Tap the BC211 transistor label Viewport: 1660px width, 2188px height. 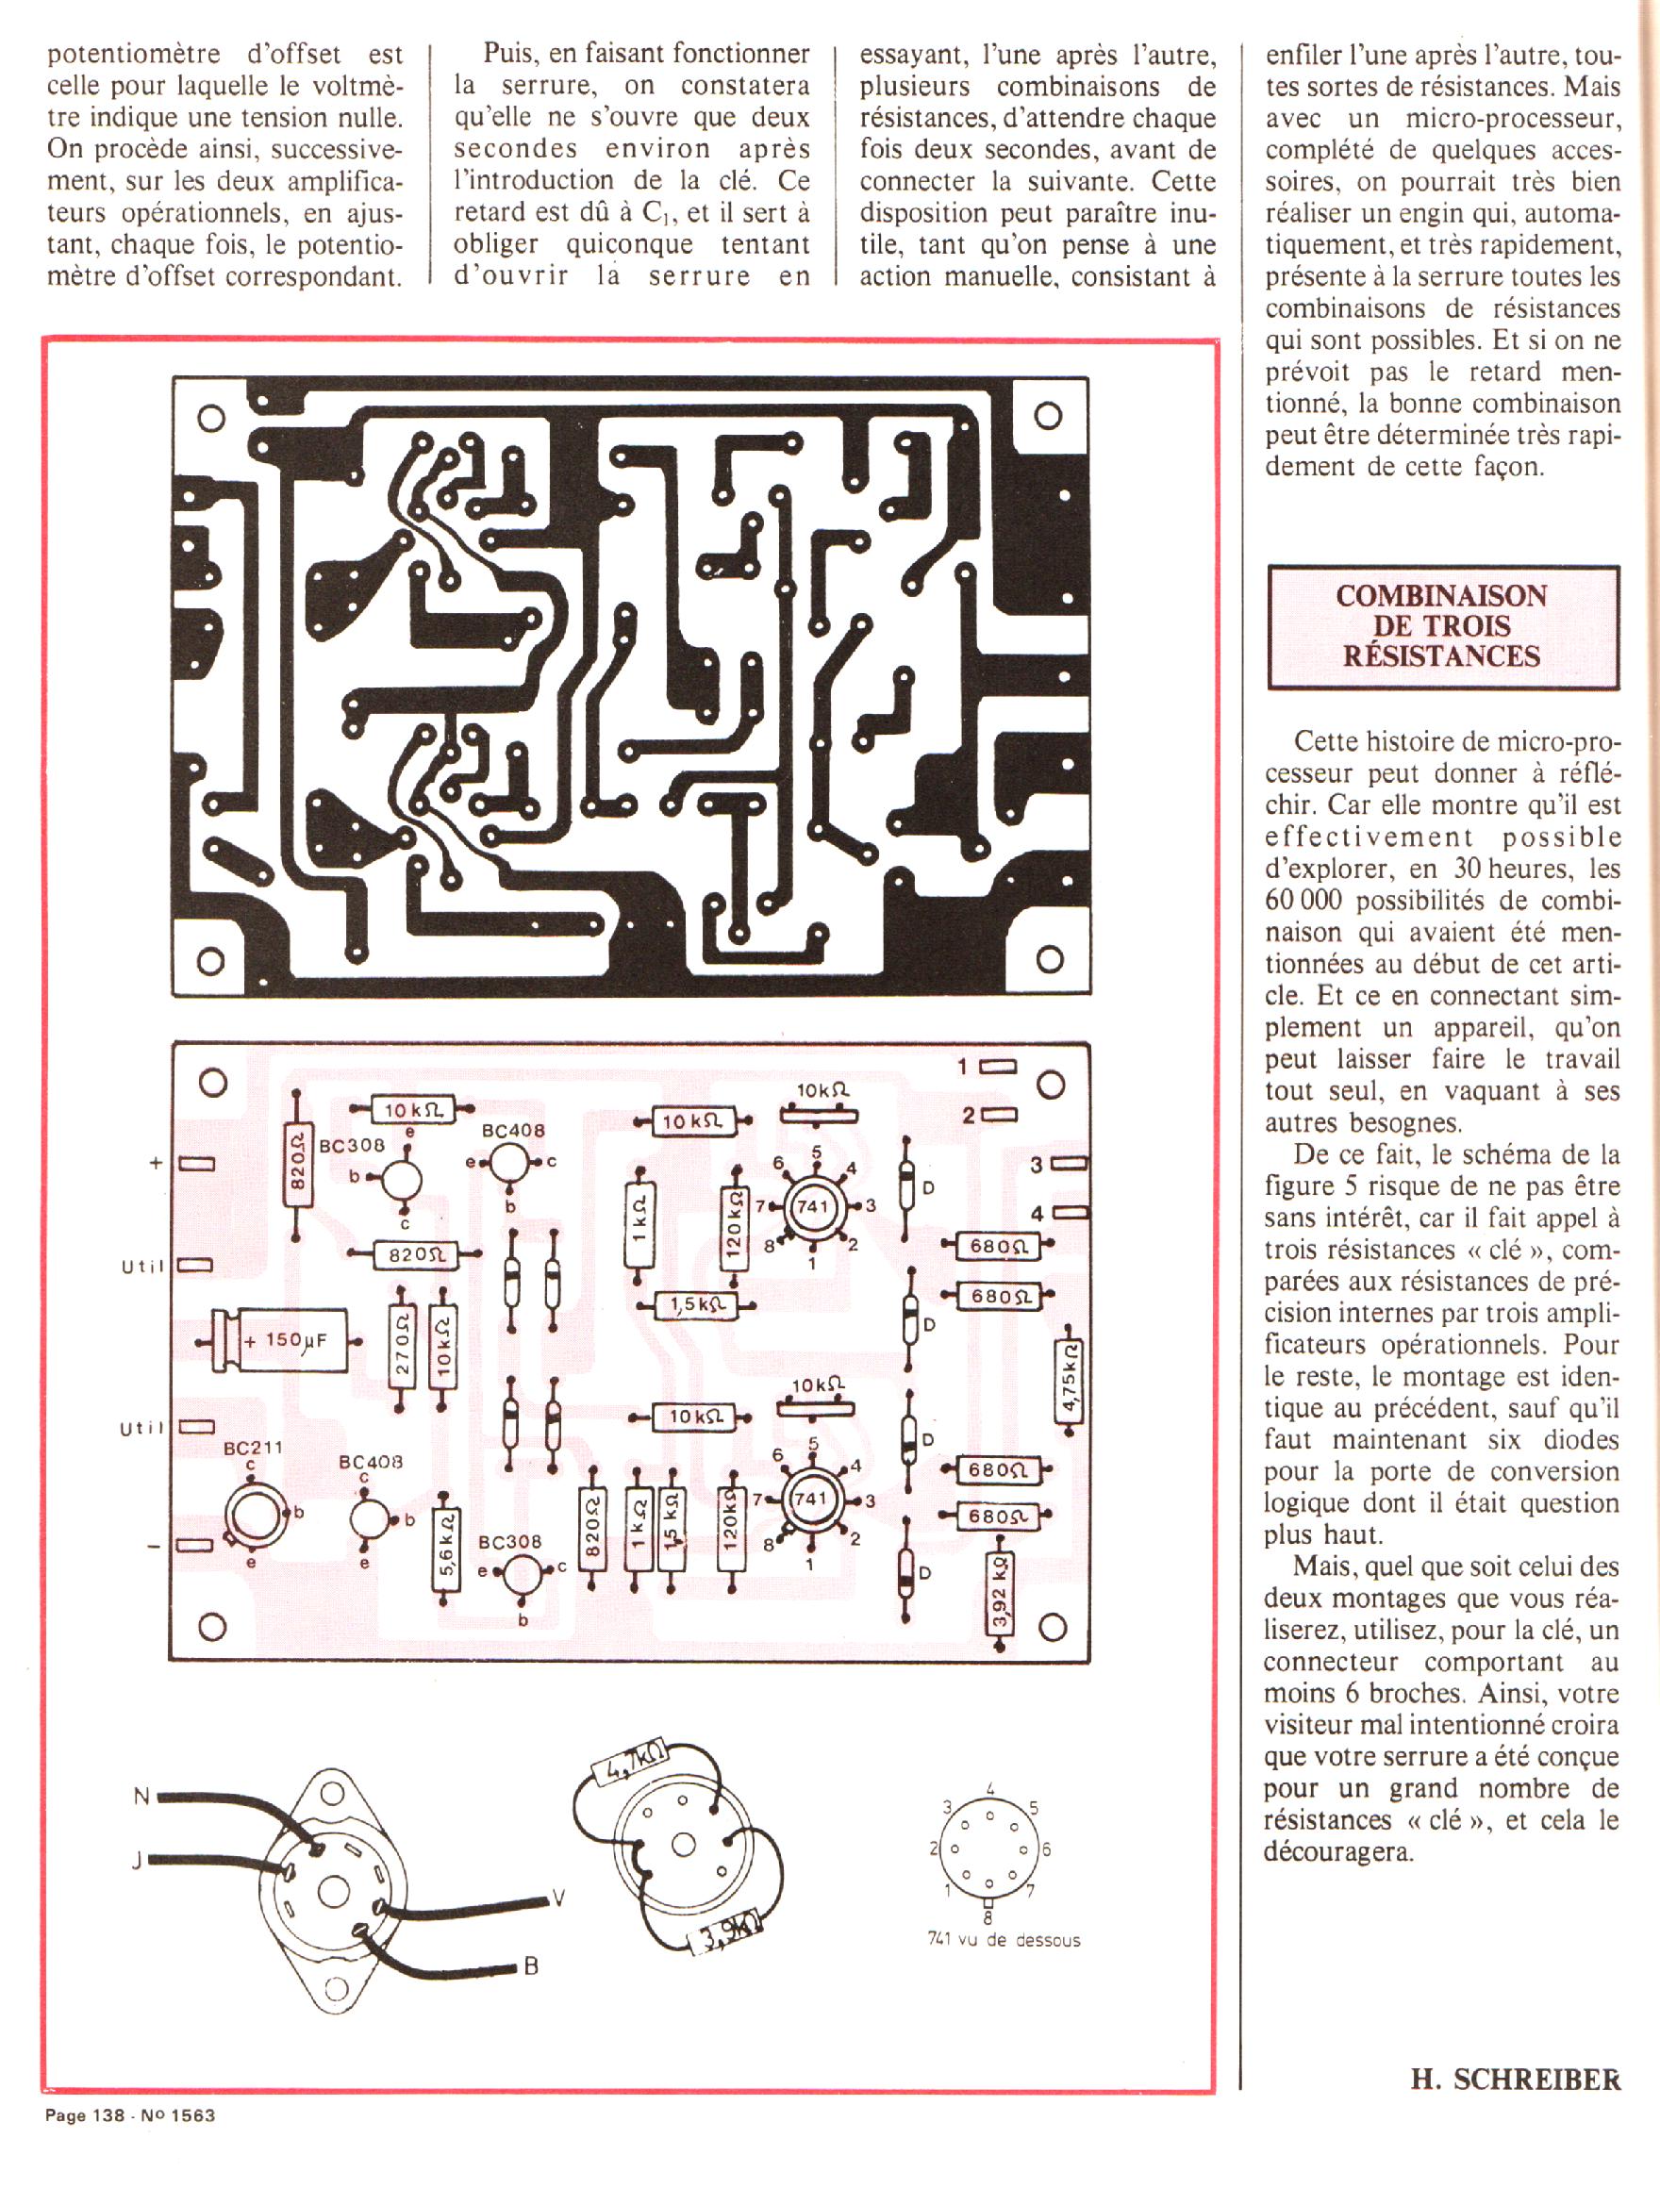point(252,1448)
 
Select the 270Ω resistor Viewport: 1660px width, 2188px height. point(402,1347)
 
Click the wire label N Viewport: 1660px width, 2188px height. point(141,1796)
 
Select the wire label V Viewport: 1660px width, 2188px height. point(559,1898)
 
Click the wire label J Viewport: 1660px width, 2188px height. point(139,1862)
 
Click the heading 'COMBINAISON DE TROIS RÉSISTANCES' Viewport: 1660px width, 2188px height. point(1441,626)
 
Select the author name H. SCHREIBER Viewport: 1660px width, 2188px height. point(1515,2081)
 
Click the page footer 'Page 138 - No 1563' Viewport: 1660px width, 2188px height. point(129,2115)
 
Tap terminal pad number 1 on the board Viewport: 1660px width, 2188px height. point(999,1067)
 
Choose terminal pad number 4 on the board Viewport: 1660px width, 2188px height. point(1071,1213)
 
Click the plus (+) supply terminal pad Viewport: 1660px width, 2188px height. point(196,1164)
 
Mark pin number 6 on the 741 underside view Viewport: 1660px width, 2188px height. point(1045,1848)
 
